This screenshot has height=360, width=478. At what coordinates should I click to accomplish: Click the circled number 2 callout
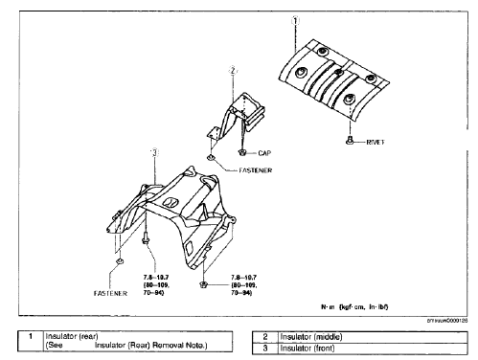(232, 70)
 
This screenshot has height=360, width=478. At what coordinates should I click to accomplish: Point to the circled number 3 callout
(153, 151)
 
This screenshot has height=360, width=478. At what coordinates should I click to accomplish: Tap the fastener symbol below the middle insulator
(210, 159)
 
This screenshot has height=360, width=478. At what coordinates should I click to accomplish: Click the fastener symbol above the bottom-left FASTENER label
(118, 261)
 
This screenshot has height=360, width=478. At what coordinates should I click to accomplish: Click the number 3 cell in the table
(265, 347)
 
